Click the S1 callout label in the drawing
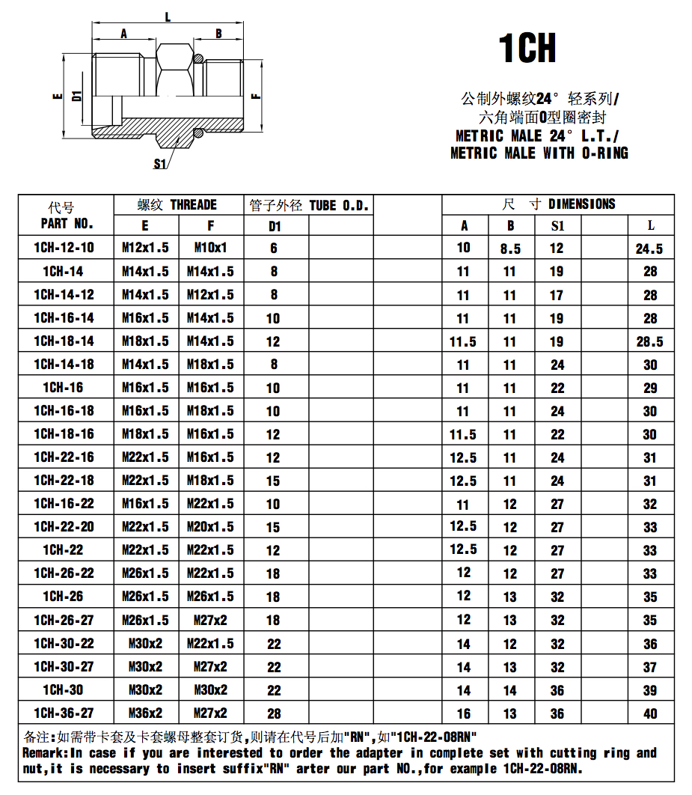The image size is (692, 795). coord(159,164)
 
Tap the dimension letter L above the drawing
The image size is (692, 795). coord(167,16)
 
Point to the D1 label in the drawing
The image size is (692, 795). coord(76,95)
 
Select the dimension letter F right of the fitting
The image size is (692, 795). coord(255,96)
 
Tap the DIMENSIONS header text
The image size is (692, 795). coord(581,204)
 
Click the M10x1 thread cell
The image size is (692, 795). coord(210,248)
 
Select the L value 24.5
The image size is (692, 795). coord(649,249)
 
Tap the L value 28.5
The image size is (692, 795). coord(649,342)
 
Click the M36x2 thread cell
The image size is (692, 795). coord(145,713)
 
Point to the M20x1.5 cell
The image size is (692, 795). coord(210,527)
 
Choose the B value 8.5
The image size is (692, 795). coord(510,249)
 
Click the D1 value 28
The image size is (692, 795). coord(274,713)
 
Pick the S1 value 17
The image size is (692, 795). coord(557,296)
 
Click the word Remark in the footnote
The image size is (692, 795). coord(44,753)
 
